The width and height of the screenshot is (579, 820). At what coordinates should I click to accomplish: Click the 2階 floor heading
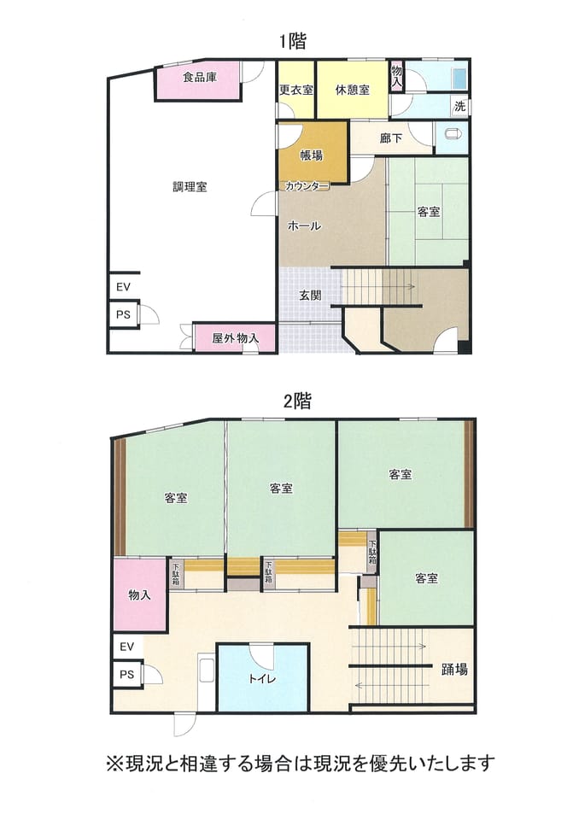tap(296, 401)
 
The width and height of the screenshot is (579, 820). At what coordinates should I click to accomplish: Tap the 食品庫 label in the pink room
tap(199, 78)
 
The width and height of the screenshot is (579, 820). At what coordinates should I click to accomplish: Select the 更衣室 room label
tap(295, 90)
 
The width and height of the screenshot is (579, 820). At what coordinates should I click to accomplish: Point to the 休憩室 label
tap(353, 90)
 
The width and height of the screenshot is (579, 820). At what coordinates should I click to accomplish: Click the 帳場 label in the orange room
tap(311, 155)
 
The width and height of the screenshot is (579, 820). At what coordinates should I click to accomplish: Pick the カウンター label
tap(307, 185)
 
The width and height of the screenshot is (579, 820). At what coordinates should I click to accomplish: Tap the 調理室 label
tap(190, 187)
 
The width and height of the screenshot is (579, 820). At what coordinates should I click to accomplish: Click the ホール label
tap(304, 225)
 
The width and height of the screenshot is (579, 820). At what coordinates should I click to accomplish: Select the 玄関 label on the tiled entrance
tap(310, 296)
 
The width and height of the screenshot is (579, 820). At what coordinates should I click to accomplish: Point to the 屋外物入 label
tap(235, 338)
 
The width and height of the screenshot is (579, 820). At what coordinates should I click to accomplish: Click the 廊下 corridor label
tap(391, 138)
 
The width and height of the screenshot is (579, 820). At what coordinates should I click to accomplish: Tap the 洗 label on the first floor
tap(459, 106)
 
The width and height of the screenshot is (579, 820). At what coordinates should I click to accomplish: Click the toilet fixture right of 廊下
tap(453, 134)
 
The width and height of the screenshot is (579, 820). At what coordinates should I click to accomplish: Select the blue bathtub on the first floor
tap(459, 79)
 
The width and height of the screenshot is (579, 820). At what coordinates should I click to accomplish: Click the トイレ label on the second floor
tap(262, 679)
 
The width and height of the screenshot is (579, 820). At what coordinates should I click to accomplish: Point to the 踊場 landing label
tap(454, 669)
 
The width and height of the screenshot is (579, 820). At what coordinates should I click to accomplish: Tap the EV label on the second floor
tap(126, 647)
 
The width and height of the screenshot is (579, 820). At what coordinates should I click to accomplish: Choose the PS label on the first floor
tap(123, 315)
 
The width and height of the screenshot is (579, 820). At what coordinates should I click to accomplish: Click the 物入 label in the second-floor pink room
tap(140, 594)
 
